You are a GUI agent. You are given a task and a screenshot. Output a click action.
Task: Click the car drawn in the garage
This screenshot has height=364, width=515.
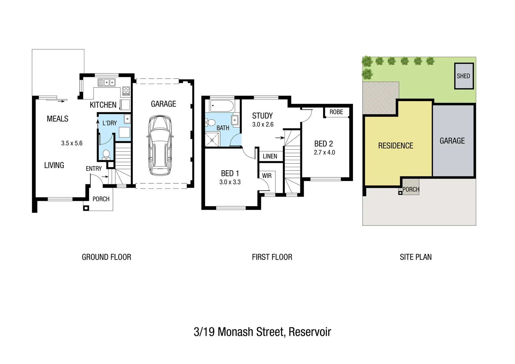[x=160, y=145]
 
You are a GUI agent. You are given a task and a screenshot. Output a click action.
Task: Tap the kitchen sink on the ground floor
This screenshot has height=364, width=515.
[x=107, y=82]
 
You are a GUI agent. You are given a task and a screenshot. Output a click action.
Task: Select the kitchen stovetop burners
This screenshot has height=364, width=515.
[x=126, y=91]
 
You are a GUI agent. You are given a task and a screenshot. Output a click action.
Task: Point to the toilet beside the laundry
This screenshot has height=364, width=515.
[x=106, y=154]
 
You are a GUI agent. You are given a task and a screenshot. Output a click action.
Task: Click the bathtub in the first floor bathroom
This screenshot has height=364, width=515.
[x=222, y=106]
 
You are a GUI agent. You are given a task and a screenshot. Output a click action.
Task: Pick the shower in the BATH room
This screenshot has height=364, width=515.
[x=212, y=139]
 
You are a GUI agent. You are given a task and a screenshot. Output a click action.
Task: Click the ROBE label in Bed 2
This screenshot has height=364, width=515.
[x=336, y=112]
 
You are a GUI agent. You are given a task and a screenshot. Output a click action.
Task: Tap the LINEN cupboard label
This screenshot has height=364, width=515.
[x=270, y=156]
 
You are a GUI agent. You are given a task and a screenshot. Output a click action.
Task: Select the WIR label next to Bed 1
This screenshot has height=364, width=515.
[x=267, y=176]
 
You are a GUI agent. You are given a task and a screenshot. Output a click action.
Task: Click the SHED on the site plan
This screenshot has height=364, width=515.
[x=464, y=76]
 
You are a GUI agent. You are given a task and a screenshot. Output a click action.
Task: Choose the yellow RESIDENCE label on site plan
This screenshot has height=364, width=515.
[x=396, y=146]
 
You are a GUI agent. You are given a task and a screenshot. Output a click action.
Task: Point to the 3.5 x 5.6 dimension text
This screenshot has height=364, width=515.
[x=72, y=143]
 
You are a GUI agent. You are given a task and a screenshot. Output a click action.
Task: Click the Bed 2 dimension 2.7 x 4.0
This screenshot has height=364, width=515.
[x=325, y=152]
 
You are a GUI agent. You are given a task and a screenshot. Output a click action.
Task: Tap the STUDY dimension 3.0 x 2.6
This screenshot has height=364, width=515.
[x=263, y=124]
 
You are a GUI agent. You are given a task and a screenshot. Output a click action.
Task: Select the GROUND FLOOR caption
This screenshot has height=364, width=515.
[x=107, y=257]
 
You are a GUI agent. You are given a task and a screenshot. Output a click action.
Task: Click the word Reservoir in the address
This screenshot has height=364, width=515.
[x=310, y=332]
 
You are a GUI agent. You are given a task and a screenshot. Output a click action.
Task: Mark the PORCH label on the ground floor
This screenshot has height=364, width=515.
[x=101, y=199]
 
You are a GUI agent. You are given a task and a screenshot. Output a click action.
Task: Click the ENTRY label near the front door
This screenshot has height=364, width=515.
[x=94, y=169]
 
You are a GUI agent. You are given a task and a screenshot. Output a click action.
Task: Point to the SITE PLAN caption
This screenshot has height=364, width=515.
[x=416, y=257]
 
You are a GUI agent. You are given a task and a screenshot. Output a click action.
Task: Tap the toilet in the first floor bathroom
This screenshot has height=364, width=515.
[x=210, y=122]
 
